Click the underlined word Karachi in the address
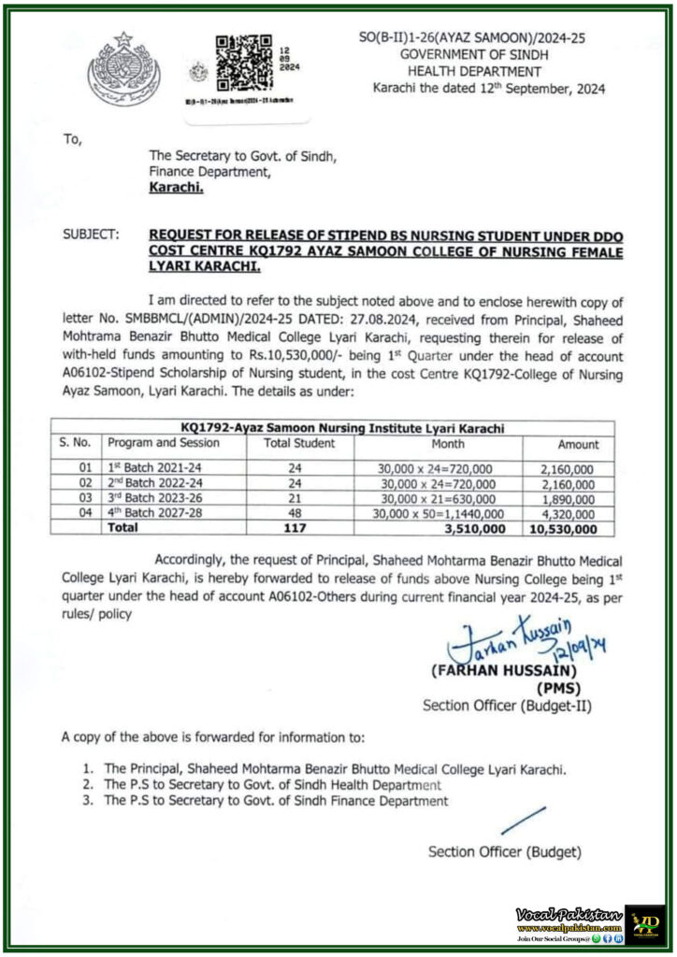[x=176, y=187]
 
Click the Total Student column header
[x=299, y=444]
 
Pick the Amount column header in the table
[x=578, y=445]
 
